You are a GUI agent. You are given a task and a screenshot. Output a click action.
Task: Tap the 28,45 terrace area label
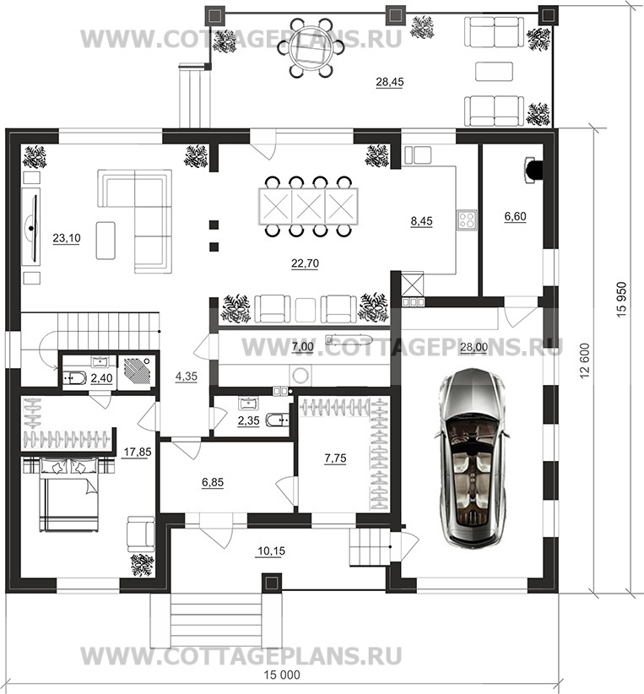pos(389,83)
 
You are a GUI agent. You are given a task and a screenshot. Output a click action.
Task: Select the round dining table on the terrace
pos(311,48)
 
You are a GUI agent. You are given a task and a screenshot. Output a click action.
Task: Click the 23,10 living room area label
pos(67,238)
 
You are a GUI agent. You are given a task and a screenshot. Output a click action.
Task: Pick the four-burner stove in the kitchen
pos(468,220)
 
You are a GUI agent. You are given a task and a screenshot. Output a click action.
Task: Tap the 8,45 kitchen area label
pos(421,221)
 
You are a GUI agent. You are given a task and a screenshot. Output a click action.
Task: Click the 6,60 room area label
pos(515,216)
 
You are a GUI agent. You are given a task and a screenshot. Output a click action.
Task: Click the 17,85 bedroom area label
pos(138,453)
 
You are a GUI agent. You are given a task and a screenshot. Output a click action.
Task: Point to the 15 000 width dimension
pos(282,675)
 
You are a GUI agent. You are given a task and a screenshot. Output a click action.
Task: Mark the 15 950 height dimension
pos(621,299)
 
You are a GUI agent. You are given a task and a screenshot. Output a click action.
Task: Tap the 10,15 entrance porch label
pos(271,551)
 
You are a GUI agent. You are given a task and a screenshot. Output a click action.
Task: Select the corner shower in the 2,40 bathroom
pos(138,372)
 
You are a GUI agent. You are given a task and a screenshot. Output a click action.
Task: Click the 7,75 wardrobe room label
pos(335,458)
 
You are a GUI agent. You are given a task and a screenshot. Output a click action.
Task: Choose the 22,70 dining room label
pos(305,263)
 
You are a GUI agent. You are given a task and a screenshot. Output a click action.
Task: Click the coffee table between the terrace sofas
pos(494,71)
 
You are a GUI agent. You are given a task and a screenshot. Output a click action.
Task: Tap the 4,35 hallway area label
pos(187,377)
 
